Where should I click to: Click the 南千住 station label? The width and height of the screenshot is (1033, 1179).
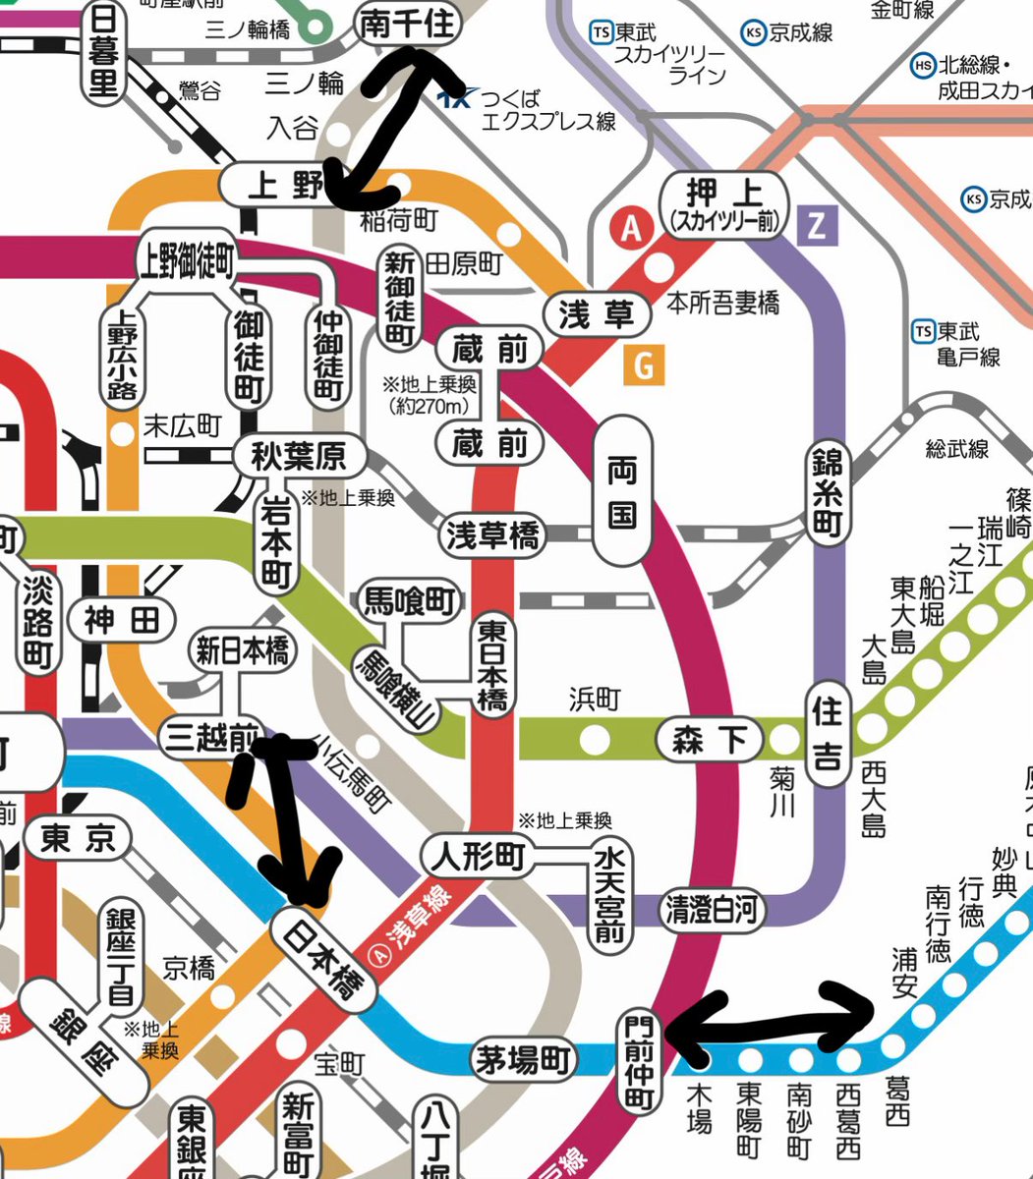[408, 24]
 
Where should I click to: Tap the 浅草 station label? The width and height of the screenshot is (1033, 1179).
[597, 315]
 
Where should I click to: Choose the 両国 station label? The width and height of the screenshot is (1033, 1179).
[622, 490]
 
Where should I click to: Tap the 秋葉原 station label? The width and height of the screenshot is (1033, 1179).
[301, 457]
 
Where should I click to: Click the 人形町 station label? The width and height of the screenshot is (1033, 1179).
[475, 857]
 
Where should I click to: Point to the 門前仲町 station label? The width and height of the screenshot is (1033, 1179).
[640, 1061]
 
